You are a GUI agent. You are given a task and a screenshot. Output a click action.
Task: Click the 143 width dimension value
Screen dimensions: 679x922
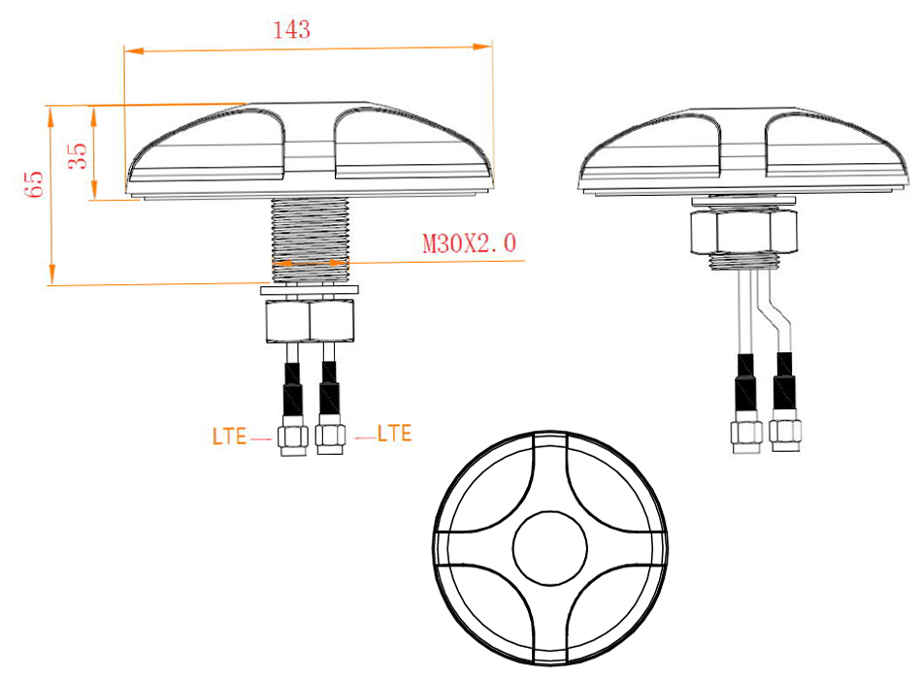coord(291,30)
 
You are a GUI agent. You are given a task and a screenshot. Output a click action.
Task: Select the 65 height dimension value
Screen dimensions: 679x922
coord(36,183)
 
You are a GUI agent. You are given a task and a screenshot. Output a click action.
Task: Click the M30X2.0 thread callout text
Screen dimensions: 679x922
coord(469,243)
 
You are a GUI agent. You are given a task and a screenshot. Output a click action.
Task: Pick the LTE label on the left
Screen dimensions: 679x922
coord(229,436)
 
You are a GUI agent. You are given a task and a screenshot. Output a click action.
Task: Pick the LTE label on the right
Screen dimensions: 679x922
coord(394,434)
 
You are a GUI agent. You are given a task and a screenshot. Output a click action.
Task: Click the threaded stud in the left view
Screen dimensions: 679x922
coord(310,238)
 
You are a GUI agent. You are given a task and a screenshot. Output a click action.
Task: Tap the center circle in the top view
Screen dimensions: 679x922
coord(550,550)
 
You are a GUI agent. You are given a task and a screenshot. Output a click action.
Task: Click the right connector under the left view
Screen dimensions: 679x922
coord(330,437)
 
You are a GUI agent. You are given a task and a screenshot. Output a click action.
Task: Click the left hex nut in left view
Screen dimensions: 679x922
coord(287,321)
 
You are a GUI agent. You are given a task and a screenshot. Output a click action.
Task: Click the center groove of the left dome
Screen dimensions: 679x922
coord(310,145)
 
